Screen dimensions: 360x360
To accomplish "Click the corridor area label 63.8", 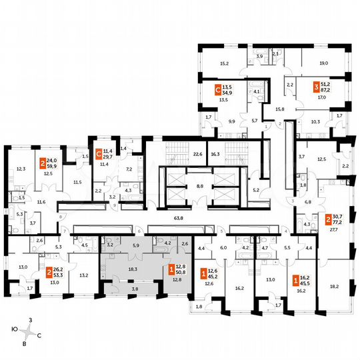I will tap(178, 217).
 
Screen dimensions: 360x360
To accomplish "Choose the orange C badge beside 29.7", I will tap(99, 154).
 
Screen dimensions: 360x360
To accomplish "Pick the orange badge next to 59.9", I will tap(43, 162).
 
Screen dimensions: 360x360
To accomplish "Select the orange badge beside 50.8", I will tap(171, 270).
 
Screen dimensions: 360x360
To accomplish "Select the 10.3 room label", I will tap(316, 122).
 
